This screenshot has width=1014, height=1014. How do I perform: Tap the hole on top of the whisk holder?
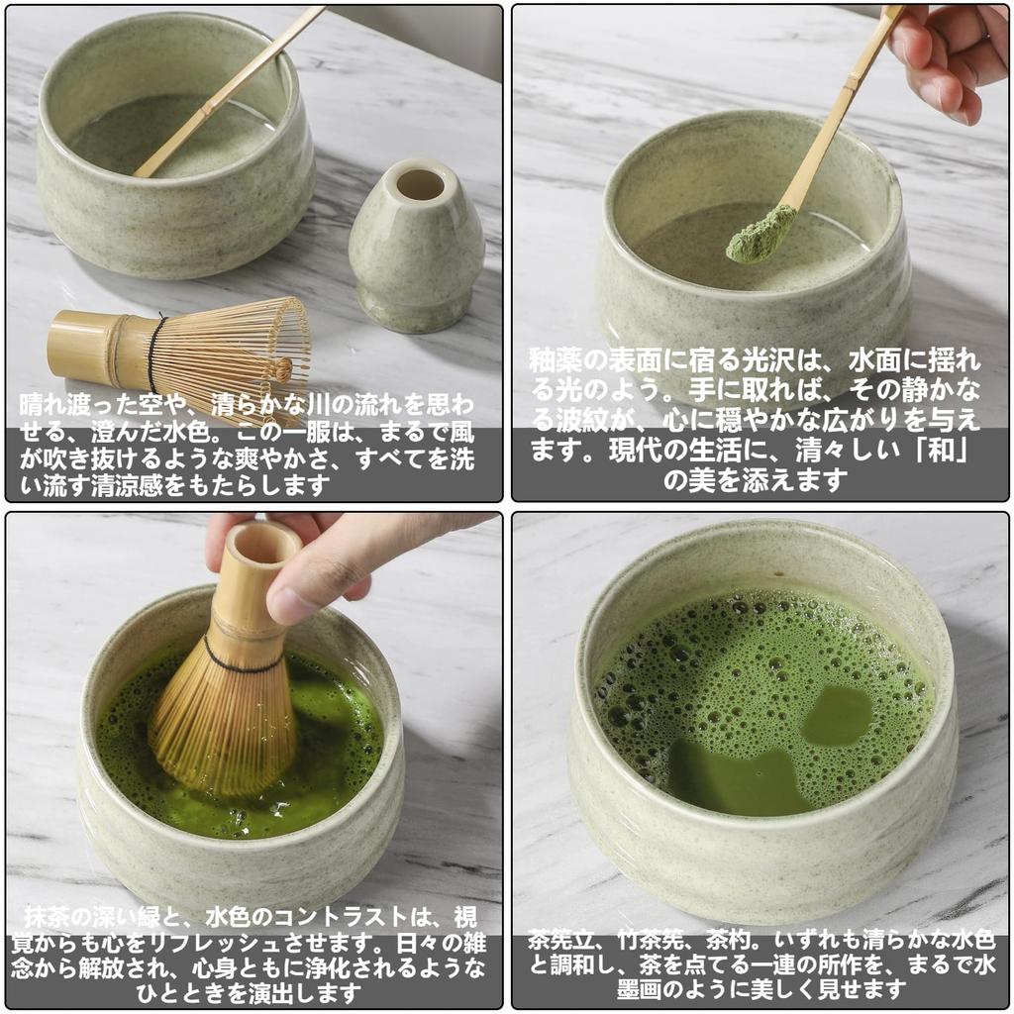(x=421, y=184)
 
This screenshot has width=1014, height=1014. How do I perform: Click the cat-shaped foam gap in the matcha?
(x=733, y=777)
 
